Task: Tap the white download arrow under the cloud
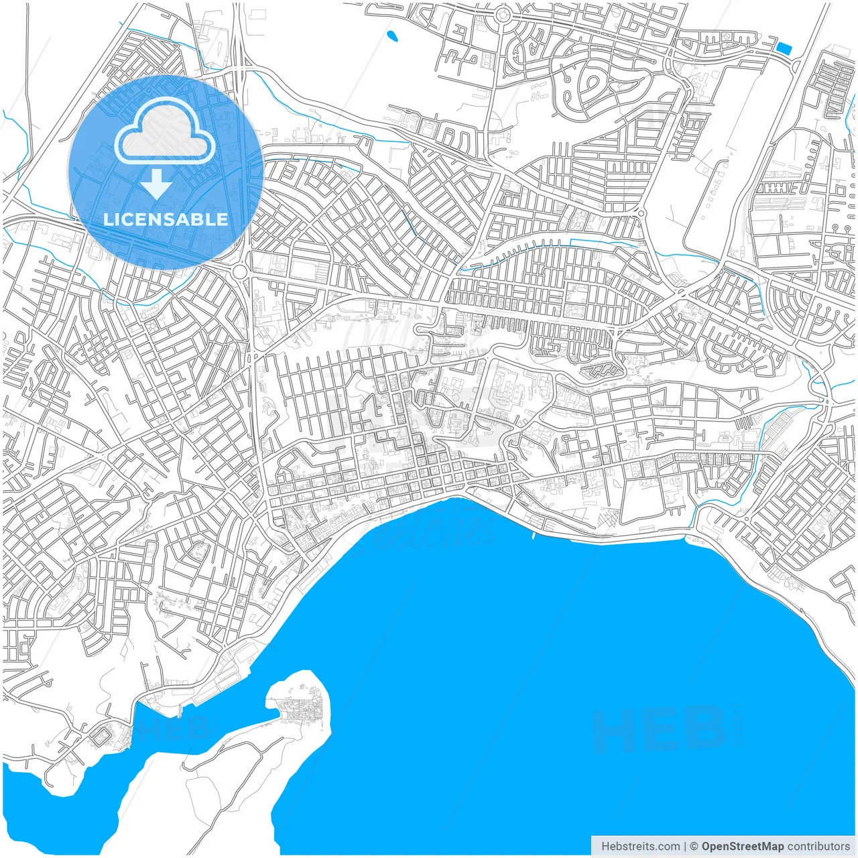[157, 184]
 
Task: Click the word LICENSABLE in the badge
[166, 219]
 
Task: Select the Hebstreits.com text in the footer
[640, 846]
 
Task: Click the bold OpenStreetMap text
[742, 846]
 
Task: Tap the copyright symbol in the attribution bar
[694, 846]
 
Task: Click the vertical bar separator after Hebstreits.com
[685, 846]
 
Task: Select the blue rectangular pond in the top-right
[782, 48]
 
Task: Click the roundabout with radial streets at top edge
[503, 14]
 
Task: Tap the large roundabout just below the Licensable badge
[240, 271]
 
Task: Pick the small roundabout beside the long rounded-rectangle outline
[641, 213]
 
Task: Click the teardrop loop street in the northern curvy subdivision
[593, 84]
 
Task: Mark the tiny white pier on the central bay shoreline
[532, 535]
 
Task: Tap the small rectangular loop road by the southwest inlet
[102, 736]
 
